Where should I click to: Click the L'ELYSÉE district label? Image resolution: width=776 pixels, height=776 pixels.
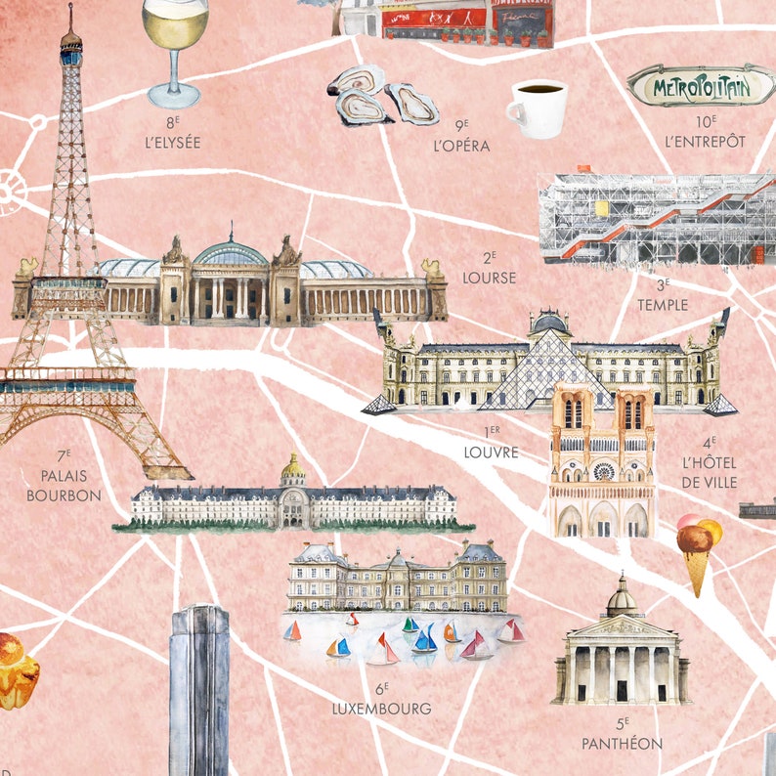(172, 142)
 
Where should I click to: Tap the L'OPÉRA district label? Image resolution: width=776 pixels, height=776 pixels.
(460, 146)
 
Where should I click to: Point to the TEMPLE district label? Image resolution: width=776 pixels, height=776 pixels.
(663, 304)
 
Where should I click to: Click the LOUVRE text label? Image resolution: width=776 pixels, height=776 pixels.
(491, 453)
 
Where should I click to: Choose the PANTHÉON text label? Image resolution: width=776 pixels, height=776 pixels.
(622, 744)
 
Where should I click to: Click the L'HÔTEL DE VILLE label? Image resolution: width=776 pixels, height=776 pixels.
(710, 472)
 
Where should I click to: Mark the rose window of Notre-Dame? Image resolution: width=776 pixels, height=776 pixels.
(603, 471)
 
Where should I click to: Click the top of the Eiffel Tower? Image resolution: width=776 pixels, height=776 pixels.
(70, 20)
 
